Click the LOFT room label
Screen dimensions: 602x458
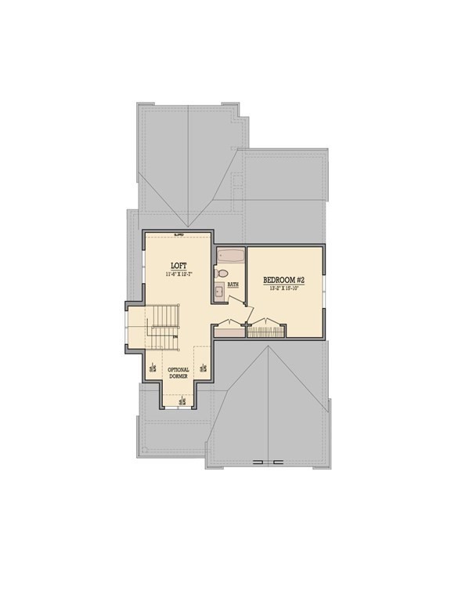[179, 265]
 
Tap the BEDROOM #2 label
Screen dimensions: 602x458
[284, 280]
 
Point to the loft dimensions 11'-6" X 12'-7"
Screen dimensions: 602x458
[179, 275]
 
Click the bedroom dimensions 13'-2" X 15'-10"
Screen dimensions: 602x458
[284, 288]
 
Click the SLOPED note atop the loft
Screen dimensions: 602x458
[179, 234]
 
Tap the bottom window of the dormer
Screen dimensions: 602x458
[179, 408]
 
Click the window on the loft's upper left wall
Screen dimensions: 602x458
[142, 259]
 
